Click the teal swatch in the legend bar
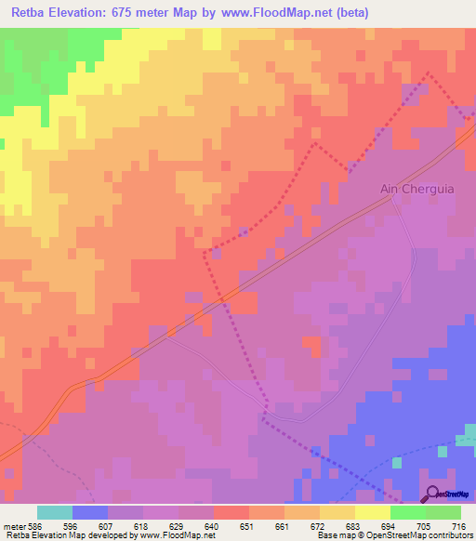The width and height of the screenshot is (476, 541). (x=55, y=512)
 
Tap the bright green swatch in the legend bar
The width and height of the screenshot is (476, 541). (x=408, y=512)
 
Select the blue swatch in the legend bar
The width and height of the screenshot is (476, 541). (x=90, y=512)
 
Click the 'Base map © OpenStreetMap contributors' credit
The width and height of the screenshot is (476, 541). (x=391, y=535)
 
